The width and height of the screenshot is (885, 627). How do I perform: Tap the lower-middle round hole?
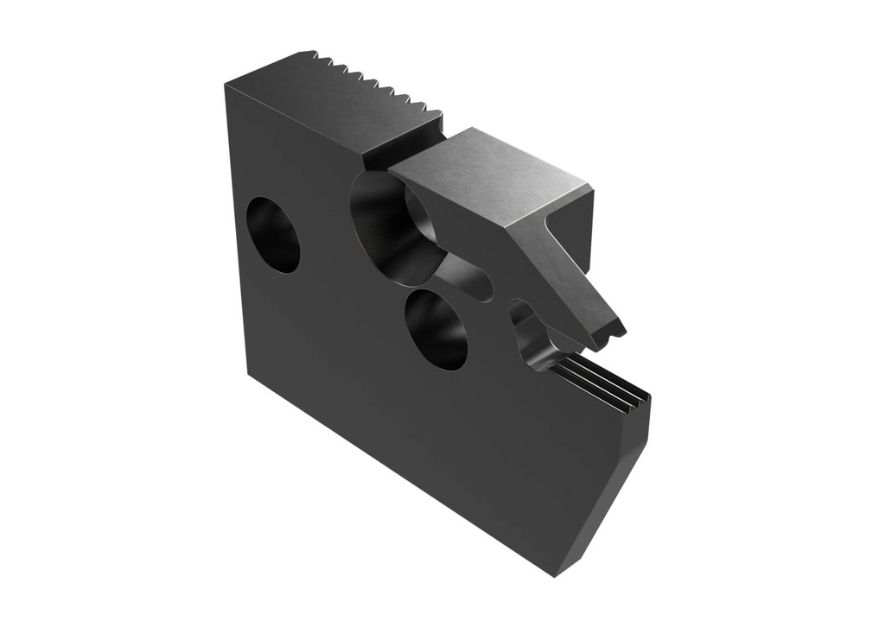436,328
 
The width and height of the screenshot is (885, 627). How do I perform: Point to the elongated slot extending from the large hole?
467,278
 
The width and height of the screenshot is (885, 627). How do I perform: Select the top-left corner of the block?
226,84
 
